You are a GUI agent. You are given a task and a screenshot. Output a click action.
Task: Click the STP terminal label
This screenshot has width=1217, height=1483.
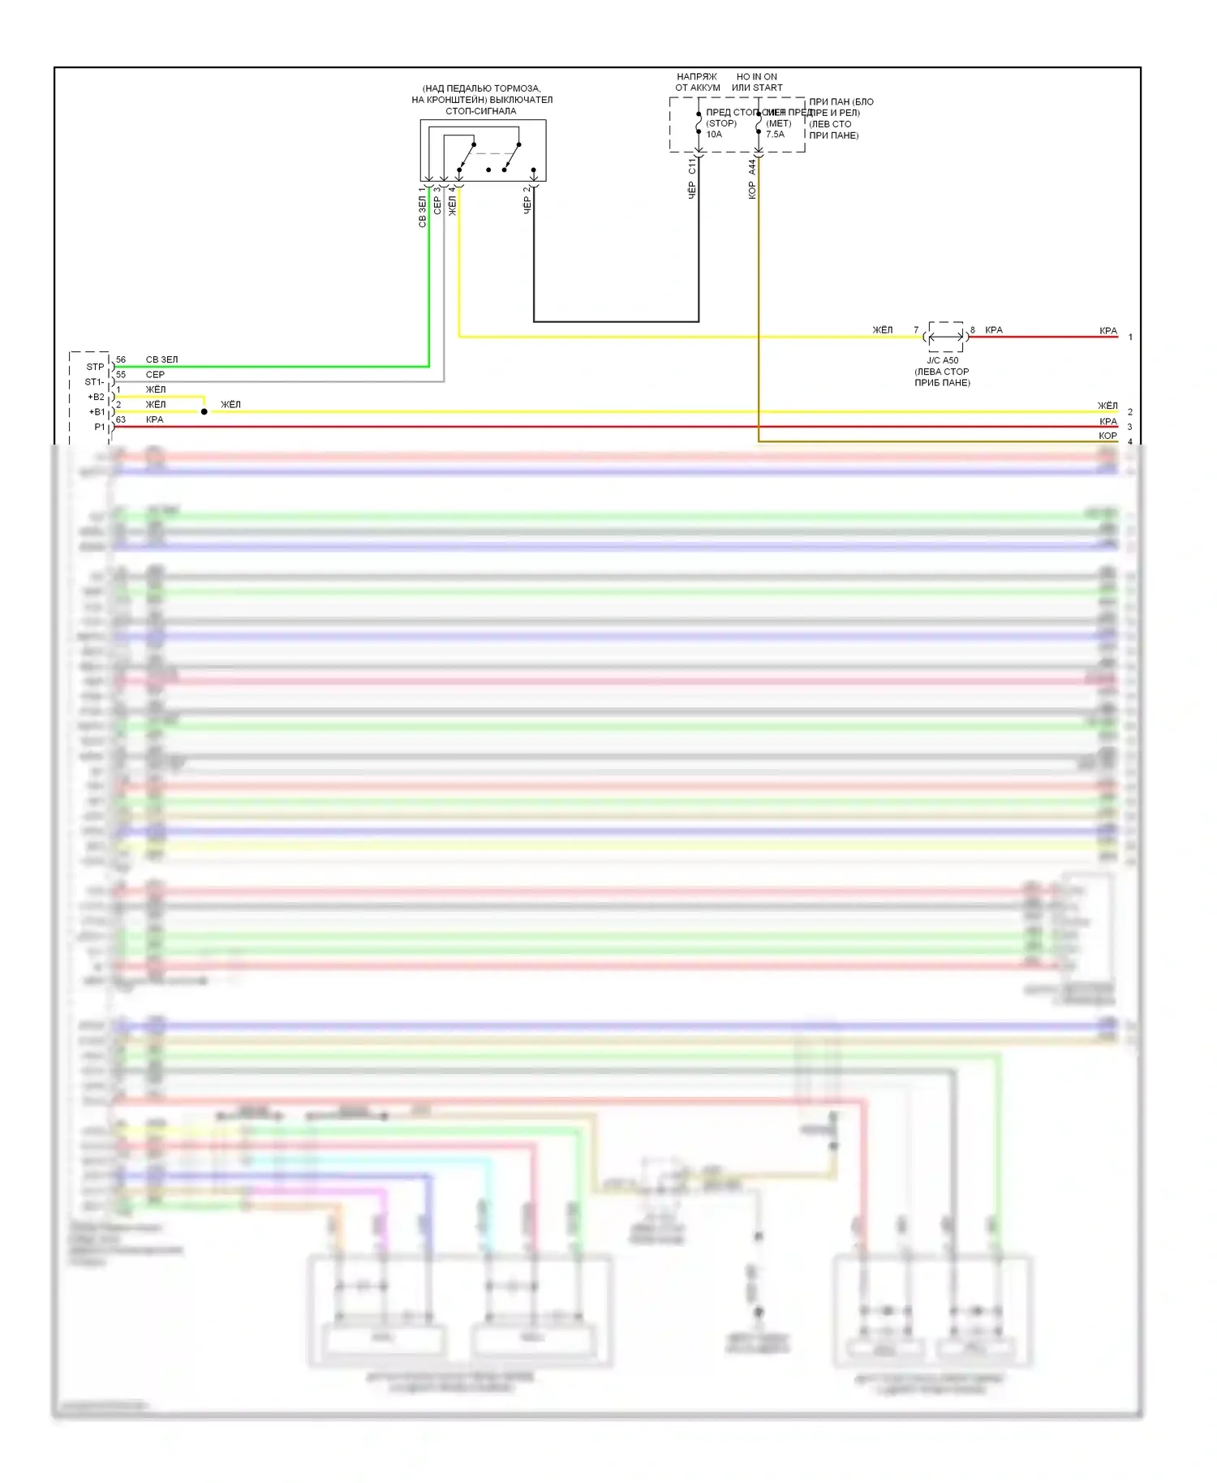(x=95, y=367)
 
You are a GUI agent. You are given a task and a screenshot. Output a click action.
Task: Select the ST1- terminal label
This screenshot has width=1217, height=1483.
(x=94, y=382)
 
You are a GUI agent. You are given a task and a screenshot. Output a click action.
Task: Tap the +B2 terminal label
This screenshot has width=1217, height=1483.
(x=96, y=397)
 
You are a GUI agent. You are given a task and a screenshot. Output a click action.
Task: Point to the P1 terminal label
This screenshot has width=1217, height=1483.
(x=99, y=427)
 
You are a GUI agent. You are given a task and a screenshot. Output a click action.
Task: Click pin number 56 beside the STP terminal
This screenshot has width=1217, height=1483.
(x=121, y=359)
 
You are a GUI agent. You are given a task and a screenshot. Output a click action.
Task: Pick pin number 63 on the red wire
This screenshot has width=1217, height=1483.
(x=121, y=419)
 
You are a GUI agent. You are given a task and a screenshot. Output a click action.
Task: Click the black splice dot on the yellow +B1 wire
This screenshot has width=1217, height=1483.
(x=204, y=412)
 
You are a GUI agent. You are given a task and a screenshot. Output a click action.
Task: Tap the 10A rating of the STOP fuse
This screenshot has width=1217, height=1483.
(x=714, y=135)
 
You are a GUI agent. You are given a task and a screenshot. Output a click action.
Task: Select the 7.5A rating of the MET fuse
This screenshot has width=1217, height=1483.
(x=776, y=135)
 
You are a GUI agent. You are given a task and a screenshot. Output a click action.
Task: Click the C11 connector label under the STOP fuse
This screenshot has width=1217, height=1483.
(x=692, y=166)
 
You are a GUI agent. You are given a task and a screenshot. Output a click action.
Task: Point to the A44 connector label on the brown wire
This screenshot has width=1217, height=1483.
(x=752, y=167)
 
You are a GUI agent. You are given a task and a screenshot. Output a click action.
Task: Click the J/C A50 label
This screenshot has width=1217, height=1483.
(x=943, y=360)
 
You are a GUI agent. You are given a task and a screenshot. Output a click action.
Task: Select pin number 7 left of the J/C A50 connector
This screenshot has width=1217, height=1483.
(x=916, y=330)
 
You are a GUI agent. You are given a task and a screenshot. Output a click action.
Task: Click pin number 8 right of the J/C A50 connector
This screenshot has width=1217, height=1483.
(x=973, y=330)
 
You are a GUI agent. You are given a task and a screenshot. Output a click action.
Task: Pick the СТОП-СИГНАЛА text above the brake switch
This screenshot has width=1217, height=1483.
(x=481, y=111)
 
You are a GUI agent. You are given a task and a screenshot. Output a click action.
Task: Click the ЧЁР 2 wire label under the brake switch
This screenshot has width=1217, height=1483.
(x=527, y=200)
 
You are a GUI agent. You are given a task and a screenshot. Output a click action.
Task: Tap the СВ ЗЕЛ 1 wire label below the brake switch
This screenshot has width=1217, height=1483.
(x=422, y=208)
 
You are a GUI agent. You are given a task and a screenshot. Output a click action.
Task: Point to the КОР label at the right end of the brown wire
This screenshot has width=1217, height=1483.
(x=1107, y=436)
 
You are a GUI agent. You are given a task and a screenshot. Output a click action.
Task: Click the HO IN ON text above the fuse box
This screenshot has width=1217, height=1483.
(x=756, y=77)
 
